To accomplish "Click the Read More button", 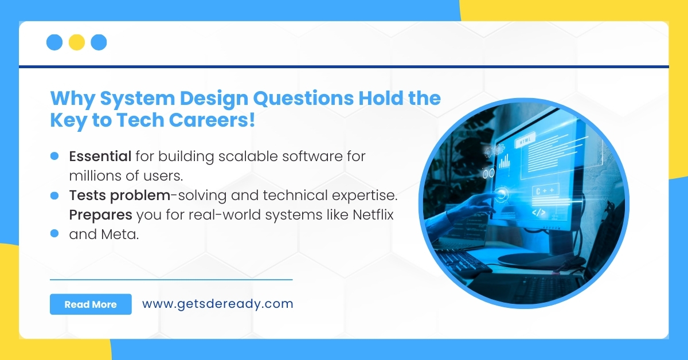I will (x=91, y=304).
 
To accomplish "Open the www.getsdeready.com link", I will (x=217, y=304).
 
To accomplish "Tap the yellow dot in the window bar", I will (x=77, y=42).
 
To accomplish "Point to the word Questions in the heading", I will (x=303, y=99).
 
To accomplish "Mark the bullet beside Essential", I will (x=55, y=155).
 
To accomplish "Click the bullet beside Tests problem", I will (x=55, y=195).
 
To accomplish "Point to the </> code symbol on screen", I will (x=539, y=212).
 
